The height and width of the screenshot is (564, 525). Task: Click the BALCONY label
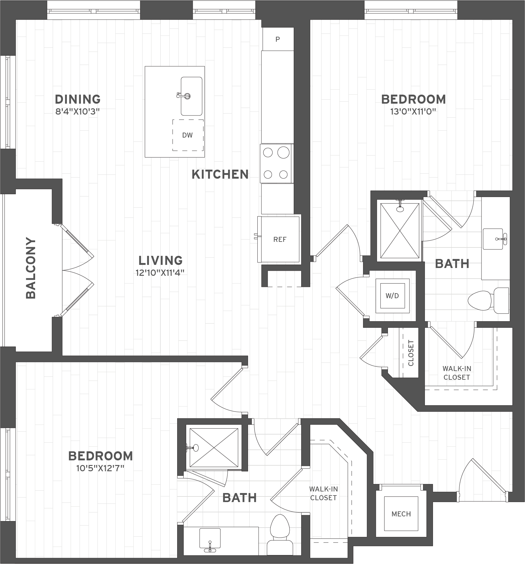click(x=31, y=268)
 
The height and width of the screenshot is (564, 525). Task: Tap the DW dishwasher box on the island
click(x=188, y=135)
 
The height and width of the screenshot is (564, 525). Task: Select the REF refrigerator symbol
click(x=279, y=239)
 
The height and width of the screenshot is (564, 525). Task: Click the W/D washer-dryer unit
click(x=392, y=296)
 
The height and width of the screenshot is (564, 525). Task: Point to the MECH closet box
click(x=401, y=514)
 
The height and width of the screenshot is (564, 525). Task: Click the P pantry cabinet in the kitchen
click(x=278, y=39)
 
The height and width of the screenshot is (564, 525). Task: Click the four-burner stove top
click(x=276, y=163)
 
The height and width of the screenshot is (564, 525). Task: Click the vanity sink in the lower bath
click(x=210, y=542)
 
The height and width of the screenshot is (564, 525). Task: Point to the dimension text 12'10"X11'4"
click(x=160, y=273)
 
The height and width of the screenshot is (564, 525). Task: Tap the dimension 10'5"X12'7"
click(x=100, y=468)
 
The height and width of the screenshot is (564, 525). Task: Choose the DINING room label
click(x=78, y=99)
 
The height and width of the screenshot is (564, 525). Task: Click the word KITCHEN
click(x=220, y=174)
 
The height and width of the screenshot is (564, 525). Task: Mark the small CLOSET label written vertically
click(x=411, y=353)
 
